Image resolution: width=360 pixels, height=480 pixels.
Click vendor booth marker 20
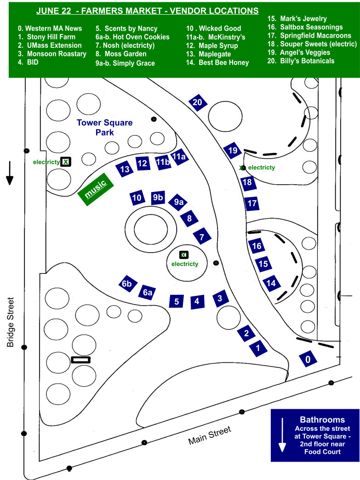click(197, 102)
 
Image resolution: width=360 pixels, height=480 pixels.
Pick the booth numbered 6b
click(127, 284)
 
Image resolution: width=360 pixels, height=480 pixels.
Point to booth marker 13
click(125, 169)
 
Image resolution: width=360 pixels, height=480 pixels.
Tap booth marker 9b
click(158, 198)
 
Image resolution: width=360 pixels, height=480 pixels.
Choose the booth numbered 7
click(201, 237)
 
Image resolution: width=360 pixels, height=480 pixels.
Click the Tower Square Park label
click(104, 127)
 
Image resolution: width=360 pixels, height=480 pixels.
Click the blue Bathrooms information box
click(315, 435)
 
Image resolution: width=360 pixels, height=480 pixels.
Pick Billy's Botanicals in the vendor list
click(301, 61)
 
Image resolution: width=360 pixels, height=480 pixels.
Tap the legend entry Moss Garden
click(121, 54)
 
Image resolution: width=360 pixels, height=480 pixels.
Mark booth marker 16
click(257, 246)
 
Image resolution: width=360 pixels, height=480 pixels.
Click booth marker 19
click(233, 151)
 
